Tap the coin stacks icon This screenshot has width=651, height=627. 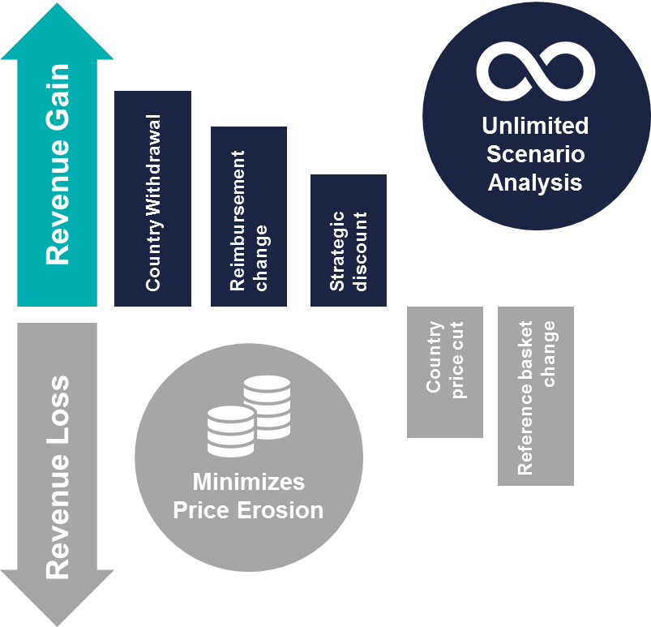point(248,415)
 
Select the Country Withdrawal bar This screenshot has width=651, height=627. point(152,199)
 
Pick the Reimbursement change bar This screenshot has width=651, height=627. point(249,217)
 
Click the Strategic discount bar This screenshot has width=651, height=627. point(349,241)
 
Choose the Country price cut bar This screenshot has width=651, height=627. point(445,372)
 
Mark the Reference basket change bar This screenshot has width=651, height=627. point(536,397)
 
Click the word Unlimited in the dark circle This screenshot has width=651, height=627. point(535,126)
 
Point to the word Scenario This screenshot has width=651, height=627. point(535,153)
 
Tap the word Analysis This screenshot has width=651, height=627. point(535,182)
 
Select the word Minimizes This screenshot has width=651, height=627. point(248,482)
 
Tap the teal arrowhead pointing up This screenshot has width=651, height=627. point(58,32)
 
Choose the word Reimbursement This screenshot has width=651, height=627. point(238,220)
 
